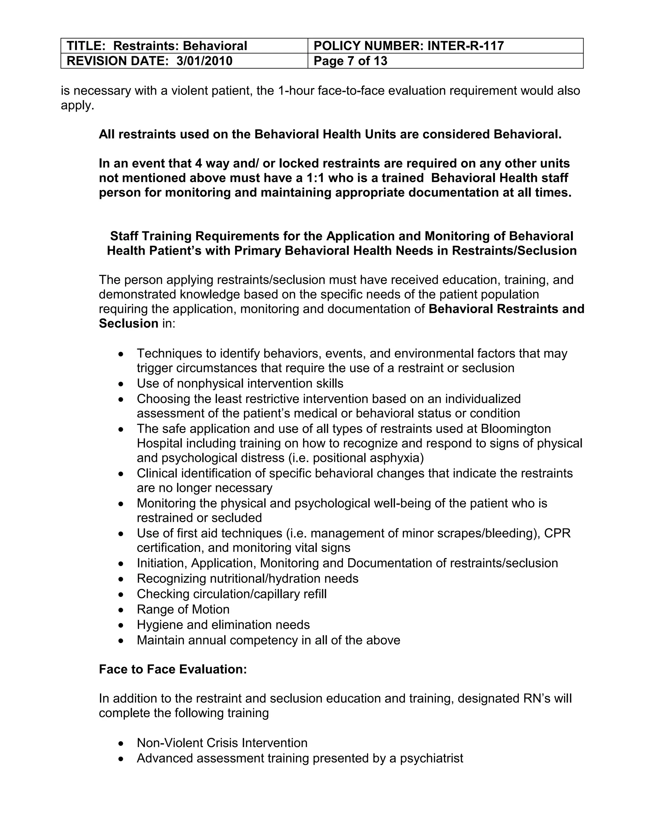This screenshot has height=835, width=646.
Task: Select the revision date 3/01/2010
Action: tap(204, 61)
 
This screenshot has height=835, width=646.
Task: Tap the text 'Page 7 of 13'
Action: tap(350, 61)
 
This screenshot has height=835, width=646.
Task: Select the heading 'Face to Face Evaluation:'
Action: tap(173, 669)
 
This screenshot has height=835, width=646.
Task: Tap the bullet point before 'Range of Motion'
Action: tap(121, 610)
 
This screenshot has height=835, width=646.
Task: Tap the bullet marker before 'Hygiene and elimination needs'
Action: tap(121, 625)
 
